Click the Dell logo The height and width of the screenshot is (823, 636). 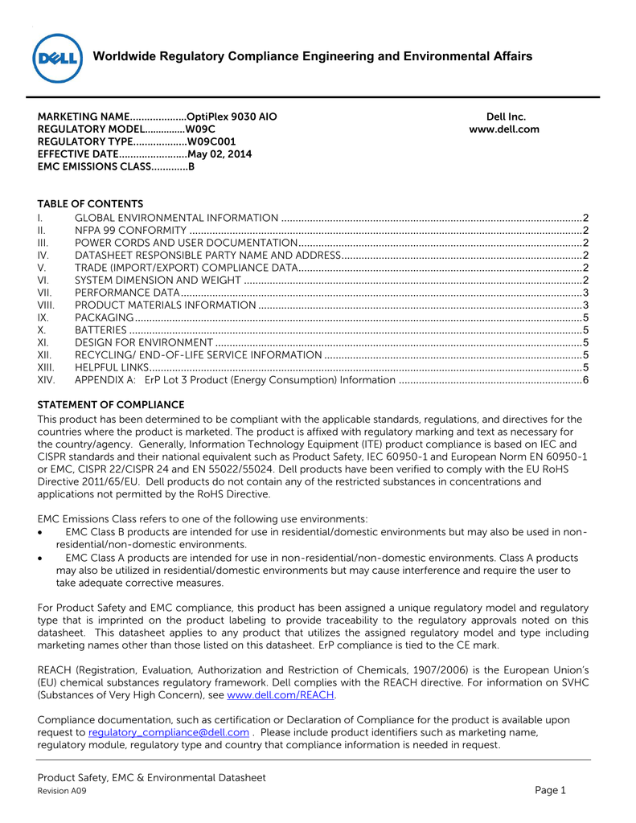coord(57,59)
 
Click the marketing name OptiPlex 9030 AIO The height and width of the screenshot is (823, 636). coord(232,117)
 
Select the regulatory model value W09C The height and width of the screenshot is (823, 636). coord(200,129)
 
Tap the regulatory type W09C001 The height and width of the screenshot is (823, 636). coord(211,141)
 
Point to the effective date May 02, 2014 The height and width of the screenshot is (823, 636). coord(219,154)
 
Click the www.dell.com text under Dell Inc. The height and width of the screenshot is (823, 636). coord(504,129)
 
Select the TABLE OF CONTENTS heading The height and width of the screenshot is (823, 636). coord(90,204)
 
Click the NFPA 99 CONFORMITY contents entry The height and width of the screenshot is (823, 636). coord(130,231)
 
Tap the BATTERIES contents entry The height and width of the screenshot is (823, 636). coord(101,330)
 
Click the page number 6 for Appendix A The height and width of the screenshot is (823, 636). coord(586,380)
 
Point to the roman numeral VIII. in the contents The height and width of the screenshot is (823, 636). coord(46,305)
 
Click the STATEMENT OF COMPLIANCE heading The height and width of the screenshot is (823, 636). coord(111,405)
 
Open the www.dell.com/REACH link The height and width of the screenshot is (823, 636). coord(281,695)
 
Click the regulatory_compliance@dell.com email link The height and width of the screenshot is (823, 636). coord(168,733)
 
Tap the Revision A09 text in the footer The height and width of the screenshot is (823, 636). coord(62,792)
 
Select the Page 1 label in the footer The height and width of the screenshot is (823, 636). coord(551,791)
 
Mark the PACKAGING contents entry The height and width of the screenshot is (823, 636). coord(100,317)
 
